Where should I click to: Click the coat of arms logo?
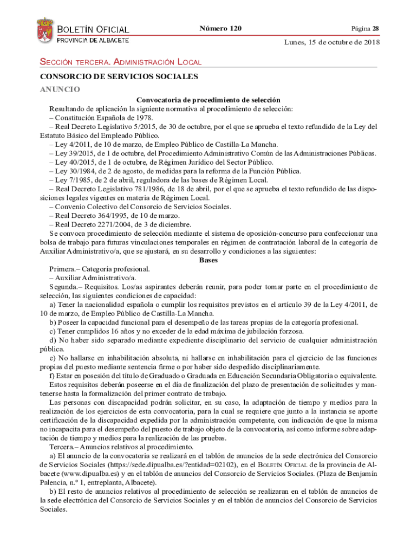pyautogui.click(x=45, y=32)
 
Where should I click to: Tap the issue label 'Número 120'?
pyautogui.click(x=220, y=28)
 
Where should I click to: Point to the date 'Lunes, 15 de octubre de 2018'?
pyautogui.click(x=332, y=42)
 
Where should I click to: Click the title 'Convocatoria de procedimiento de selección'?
pyautogui.click(x=208, y=100)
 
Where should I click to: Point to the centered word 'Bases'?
pyautogui.click(x=208, y=260)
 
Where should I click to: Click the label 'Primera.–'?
pyautogui.click(x=64, y=269)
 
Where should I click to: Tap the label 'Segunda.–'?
pyautogui.click(x=66, y=287)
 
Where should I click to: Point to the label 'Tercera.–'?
pyautogui.click(x=64, y=447)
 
